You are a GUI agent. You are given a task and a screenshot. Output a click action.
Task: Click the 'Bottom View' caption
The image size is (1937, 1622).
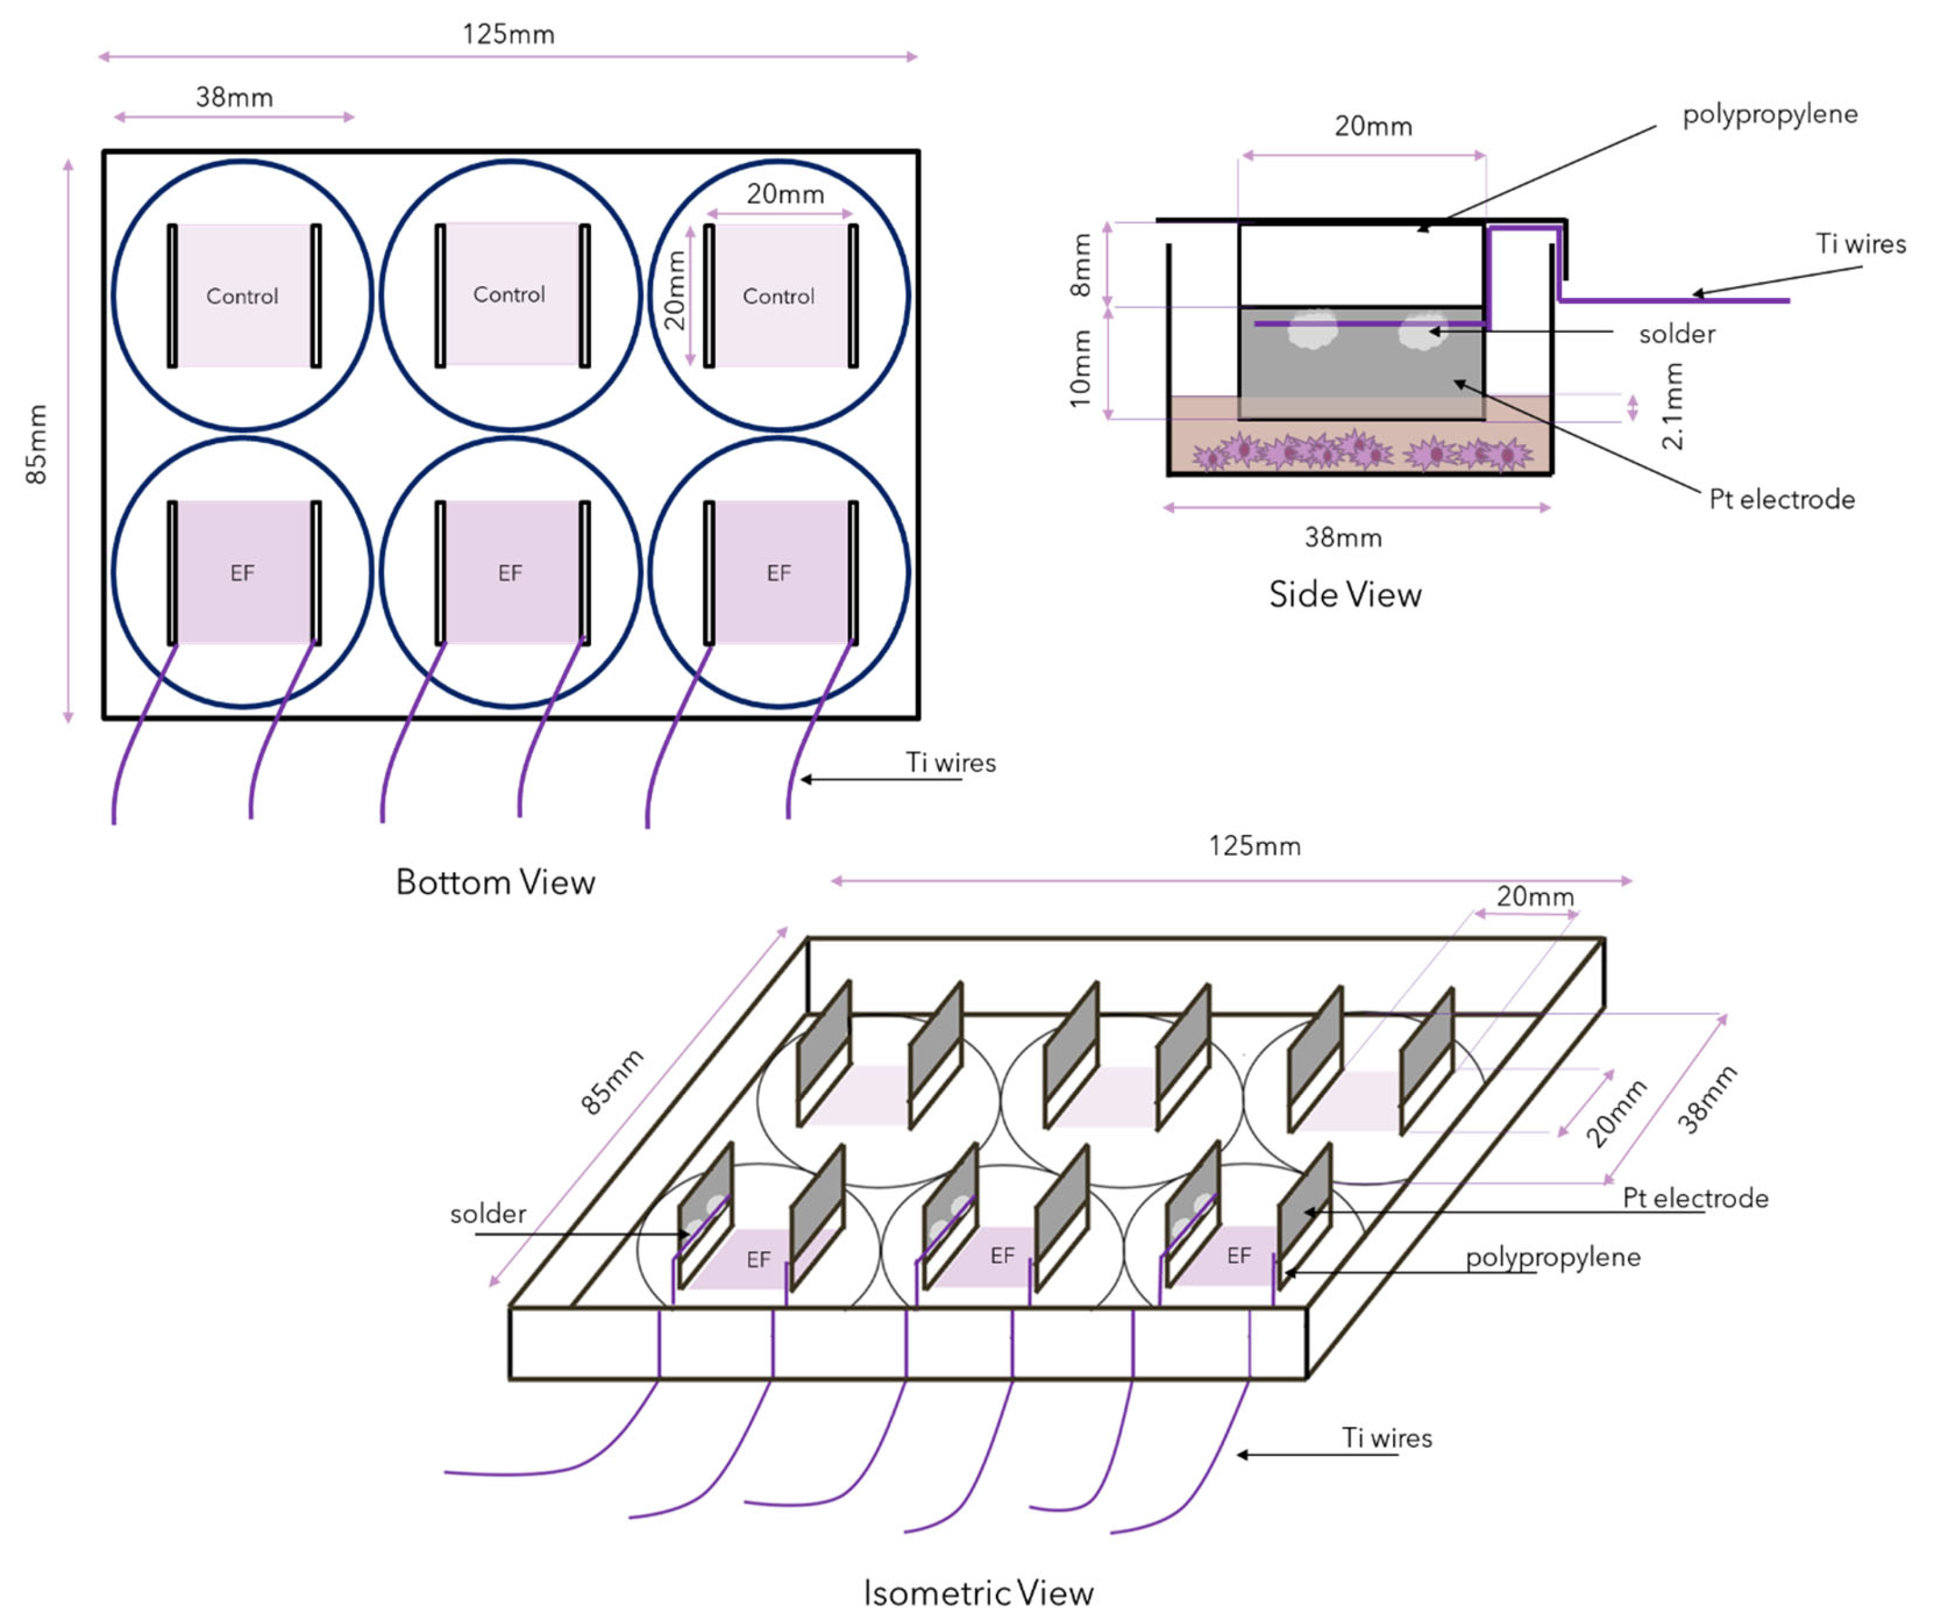pos(495,882)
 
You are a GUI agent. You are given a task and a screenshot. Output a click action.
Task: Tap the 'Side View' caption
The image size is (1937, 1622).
pos(1345,595)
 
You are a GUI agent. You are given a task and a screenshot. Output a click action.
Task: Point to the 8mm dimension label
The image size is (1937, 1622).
pos(1080,266)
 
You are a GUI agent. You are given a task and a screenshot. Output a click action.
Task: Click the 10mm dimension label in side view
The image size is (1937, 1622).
pos(1080,369)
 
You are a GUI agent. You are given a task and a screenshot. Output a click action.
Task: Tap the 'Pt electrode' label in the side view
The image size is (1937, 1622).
pos(1781,500)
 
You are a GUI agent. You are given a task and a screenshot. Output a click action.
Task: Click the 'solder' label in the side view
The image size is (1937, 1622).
pos(1676,334)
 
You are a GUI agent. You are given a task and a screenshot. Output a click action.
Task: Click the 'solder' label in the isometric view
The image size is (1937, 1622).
pos(488,1214)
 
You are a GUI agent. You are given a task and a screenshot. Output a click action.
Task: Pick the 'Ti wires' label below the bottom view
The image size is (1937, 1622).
pos(950,762)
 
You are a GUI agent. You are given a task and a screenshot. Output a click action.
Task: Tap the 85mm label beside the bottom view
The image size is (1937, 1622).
pos(36,444)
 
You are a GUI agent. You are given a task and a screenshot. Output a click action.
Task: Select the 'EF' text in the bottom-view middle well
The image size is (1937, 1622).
pos(510,573)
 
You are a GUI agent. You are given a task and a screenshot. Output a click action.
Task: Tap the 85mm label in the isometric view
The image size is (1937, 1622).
pos(611,1081)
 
